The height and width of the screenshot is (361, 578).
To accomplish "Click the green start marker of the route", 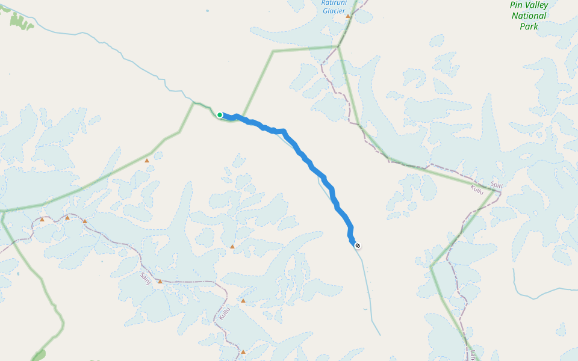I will pos(220,115).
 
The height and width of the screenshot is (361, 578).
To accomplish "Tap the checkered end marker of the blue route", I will pos(358,245).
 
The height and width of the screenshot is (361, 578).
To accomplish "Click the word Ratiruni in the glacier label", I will pos(334,2).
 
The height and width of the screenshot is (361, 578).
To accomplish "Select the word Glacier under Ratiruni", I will pos(334,11).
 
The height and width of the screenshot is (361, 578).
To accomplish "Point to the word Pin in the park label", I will pos(517,5).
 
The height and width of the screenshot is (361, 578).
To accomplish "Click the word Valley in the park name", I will pos(537,5).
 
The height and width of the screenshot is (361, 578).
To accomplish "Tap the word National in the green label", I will pos(529,16).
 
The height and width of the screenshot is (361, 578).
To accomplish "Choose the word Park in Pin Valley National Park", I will pos(529,26).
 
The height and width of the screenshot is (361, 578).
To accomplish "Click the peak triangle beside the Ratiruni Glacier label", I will pos(348,16).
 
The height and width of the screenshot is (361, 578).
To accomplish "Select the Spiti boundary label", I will pos(497,186).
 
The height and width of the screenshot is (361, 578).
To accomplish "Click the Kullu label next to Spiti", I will pos(477,190).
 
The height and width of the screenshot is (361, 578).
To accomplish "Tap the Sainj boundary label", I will pos(144,277).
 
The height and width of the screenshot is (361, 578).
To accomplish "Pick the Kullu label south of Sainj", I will pos(224,313).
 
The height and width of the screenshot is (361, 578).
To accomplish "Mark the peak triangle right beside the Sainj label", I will pos(160,281).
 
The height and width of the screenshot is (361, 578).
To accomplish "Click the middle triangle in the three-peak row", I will pos(67,218).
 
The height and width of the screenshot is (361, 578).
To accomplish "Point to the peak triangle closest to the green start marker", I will pos(146,160).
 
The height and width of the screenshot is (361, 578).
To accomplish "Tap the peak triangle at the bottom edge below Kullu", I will pos(243,351).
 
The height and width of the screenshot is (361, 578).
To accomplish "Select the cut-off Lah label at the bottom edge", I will pos(474,355).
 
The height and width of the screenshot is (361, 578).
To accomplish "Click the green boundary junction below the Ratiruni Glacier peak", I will pos(338,46).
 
